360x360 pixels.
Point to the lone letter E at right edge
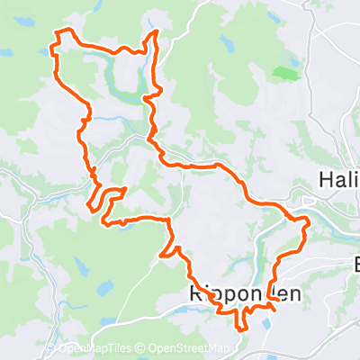[x=355, y=266]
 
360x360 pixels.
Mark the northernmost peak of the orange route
[x=157, y=32]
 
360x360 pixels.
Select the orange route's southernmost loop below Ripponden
[x=240, y=319]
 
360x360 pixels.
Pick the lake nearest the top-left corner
[x=7, y=51]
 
